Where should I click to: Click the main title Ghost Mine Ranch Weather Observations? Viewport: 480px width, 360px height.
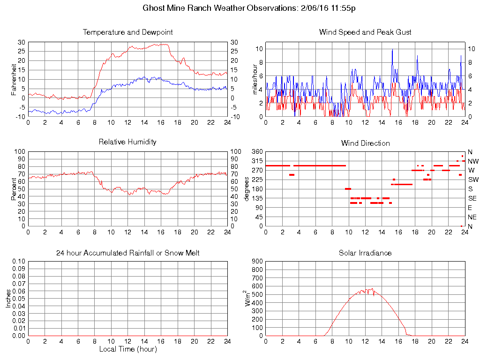252,8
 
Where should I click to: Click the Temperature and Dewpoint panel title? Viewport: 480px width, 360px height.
128,32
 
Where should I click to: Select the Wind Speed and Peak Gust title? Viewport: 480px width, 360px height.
365,32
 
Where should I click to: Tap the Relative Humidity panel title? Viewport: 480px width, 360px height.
128,142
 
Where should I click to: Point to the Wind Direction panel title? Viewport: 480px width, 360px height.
365,143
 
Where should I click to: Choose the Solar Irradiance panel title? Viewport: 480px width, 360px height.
365,253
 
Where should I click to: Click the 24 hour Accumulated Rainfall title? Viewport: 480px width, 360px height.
128,253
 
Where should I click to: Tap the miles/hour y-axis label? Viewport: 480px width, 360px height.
256,79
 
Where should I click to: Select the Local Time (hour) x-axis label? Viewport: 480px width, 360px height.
128,349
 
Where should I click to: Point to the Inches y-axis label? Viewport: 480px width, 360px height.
8,298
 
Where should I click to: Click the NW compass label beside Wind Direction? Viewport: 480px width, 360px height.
473,161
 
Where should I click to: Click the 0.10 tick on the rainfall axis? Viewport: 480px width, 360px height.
18,262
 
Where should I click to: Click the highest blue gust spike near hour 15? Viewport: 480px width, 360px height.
392,49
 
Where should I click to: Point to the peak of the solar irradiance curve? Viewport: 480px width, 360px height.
372,289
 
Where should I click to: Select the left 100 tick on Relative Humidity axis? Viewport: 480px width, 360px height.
19,152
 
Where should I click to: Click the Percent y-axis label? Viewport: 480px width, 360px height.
14,189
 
